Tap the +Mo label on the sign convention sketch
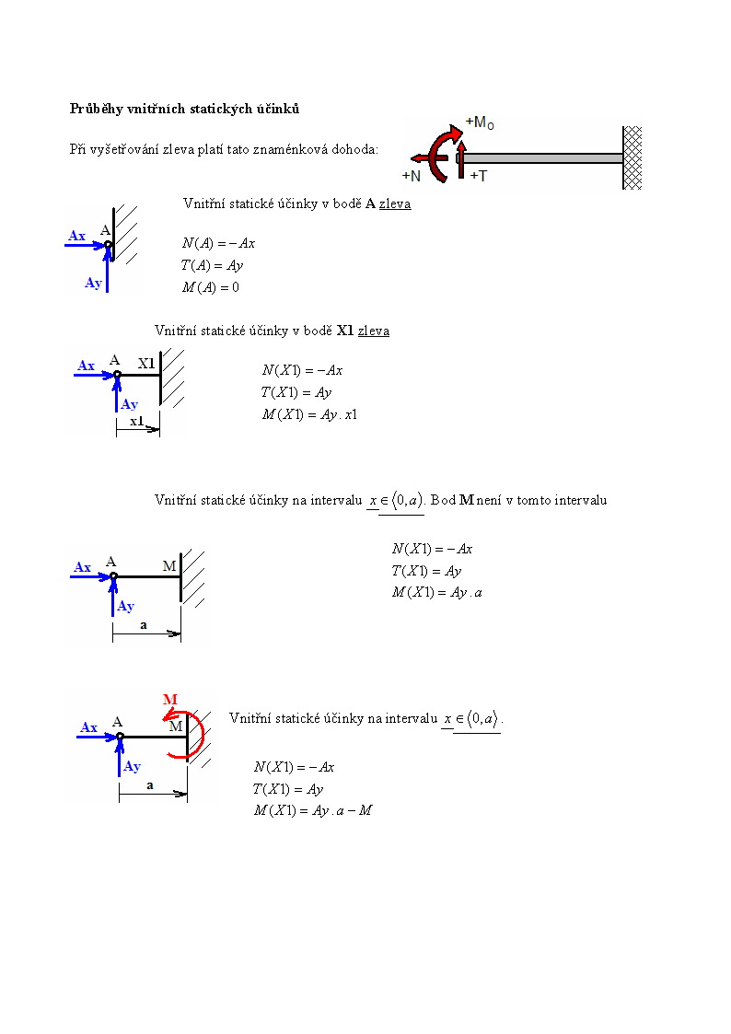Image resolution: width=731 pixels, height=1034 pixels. (480, 122)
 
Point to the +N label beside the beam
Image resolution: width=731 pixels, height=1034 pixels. (412, 176)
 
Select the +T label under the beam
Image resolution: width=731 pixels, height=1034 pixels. (479, 176)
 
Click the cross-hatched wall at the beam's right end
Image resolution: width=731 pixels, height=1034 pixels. (632, 158)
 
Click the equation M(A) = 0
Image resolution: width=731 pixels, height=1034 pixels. (211, 287)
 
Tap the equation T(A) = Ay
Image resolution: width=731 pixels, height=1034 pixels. (213, 266)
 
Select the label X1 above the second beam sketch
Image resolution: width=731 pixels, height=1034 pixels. (146, 364)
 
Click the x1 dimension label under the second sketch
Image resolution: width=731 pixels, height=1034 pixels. (136, 421)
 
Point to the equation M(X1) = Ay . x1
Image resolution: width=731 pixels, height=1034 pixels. (310, 414)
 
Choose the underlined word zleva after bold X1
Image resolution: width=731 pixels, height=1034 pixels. (374, 331)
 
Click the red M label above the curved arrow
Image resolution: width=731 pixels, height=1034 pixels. (170, 699)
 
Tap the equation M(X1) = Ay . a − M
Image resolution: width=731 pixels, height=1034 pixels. (313, 810)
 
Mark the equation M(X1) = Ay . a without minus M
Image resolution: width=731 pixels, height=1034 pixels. (437, 593)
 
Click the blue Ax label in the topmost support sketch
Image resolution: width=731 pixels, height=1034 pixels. (77, 236)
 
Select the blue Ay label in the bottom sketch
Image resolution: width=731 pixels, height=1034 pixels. (132, 766)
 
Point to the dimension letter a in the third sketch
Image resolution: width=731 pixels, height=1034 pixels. (144, 625)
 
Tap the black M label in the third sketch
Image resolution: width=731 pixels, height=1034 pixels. (169, 565)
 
